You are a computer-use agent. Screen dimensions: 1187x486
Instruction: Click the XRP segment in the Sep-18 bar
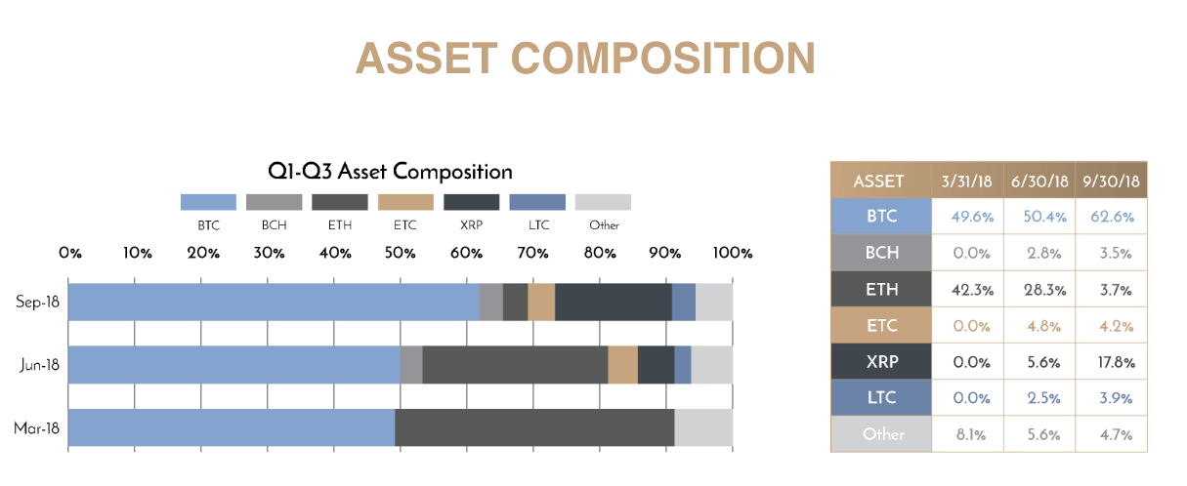[614, 302]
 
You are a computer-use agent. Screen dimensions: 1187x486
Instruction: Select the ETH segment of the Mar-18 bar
[534, 427]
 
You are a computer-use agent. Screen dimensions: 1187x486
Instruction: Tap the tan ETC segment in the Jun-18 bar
[622, 365]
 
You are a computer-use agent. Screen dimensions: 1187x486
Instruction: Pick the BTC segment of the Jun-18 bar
[234, 365]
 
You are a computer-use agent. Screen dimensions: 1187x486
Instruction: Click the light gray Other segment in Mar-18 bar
[703, 427]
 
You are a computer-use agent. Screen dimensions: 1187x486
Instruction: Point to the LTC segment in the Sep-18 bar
[684, 302]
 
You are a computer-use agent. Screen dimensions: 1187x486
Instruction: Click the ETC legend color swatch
[405, 202]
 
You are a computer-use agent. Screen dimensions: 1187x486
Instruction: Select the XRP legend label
[471, 225]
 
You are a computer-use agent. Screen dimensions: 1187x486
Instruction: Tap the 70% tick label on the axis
[532, 253]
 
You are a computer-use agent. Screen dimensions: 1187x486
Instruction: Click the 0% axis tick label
[70, 253]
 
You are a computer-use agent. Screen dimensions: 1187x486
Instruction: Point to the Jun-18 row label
[40, 365]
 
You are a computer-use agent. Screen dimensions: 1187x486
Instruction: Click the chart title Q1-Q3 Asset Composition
[390, 172]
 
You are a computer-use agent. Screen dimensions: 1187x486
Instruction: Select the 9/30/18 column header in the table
[1111, 182]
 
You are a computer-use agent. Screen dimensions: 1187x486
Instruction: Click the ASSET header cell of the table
[878, 182]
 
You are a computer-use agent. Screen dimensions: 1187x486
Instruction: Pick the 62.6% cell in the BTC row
[1113, 217]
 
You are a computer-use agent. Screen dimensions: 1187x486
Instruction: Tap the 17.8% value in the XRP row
[1116, 363]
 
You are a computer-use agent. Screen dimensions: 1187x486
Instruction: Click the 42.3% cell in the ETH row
[972, 290]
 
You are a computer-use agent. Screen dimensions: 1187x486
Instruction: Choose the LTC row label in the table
[881, 397]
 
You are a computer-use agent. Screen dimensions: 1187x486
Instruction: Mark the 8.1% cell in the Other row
[971, 434]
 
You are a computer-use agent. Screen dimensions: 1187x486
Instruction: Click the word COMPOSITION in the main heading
[663, 59]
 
